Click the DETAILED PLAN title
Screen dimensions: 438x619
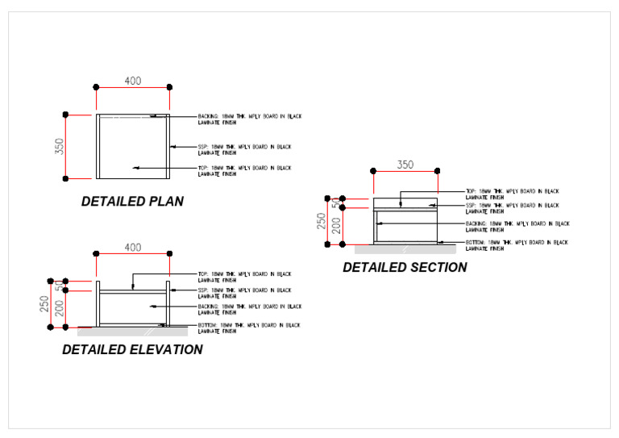132,202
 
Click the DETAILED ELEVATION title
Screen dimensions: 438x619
132,349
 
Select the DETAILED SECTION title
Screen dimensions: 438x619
405,267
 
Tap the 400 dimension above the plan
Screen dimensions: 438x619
133,81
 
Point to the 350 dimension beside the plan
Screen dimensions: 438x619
60,147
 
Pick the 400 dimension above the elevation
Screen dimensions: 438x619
133,248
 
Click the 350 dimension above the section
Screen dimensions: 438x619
405,165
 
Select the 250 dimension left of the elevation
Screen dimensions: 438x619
45,304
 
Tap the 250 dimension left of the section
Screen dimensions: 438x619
322,220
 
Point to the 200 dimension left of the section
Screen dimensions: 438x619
336,225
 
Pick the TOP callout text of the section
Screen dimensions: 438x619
512,194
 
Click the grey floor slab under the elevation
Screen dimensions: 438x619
133,331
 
